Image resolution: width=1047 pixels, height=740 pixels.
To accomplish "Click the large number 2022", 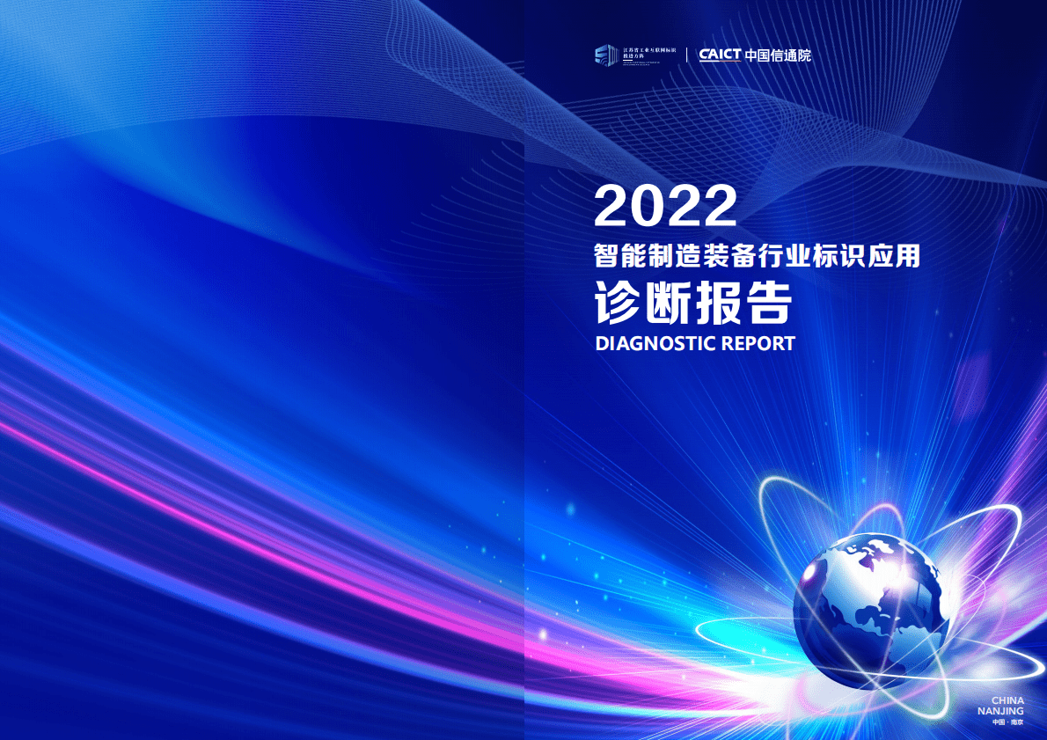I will (665, 206).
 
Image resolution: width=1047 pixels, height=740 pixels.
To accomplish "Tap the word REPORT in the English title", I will (758, 343).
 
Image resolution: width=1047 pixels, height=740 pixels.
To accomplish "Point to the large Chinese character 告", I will (769, 304).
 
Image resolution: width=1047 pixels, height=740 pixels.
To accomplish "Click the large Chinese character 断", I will (669, 304).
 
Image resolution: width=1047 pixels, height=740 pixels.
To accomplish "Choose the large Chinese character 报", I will (719, 304).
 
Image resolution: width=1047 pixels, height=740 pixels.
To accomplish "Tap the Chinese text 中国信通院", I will (778, 55).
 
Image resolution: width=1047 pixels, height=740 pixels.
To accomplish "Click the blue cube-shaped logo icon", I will (605, 55).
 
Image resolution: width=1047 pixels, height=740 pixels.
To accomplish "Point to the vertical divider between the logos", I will (687, 55).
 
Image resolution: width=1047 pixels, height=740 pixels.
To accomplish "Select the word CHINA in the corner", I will (1007, 701).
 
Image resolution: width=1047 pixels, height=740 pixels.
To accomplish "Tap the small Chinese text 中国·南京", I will (1007, 722).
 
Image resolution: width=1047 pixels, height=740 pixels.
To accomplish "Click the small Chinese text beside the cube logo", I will (648, 55).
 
